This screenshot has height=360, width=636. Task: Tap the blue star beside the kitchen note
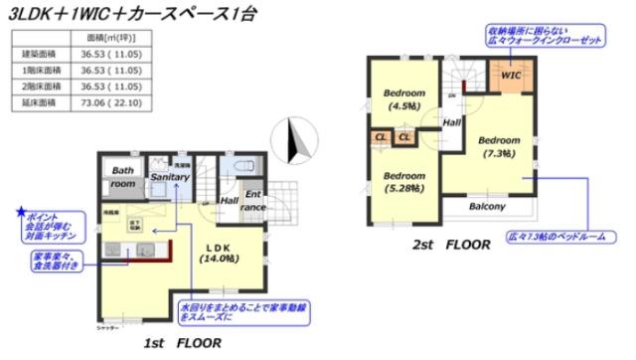pos(20,211)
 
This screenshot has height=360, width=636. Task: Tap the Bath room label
pos(122,177)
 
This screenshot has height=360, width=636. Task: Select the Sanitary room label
pos(170,177)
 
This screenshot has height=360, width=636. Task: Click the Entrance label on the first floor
pos(254,200)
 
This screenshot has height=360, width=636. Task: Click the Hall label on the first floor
pos(229,200)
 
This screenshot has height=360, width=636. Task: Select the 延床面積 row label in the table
pos(41,101)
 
